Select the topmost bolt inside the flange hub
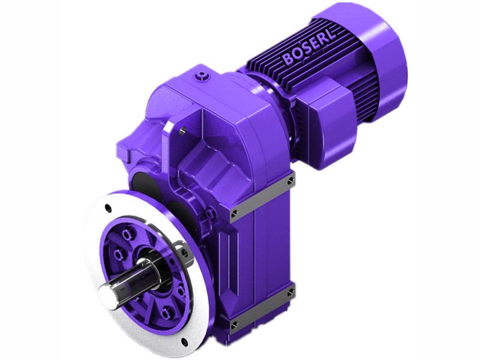pyautogui.click(x=128, y=230)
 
